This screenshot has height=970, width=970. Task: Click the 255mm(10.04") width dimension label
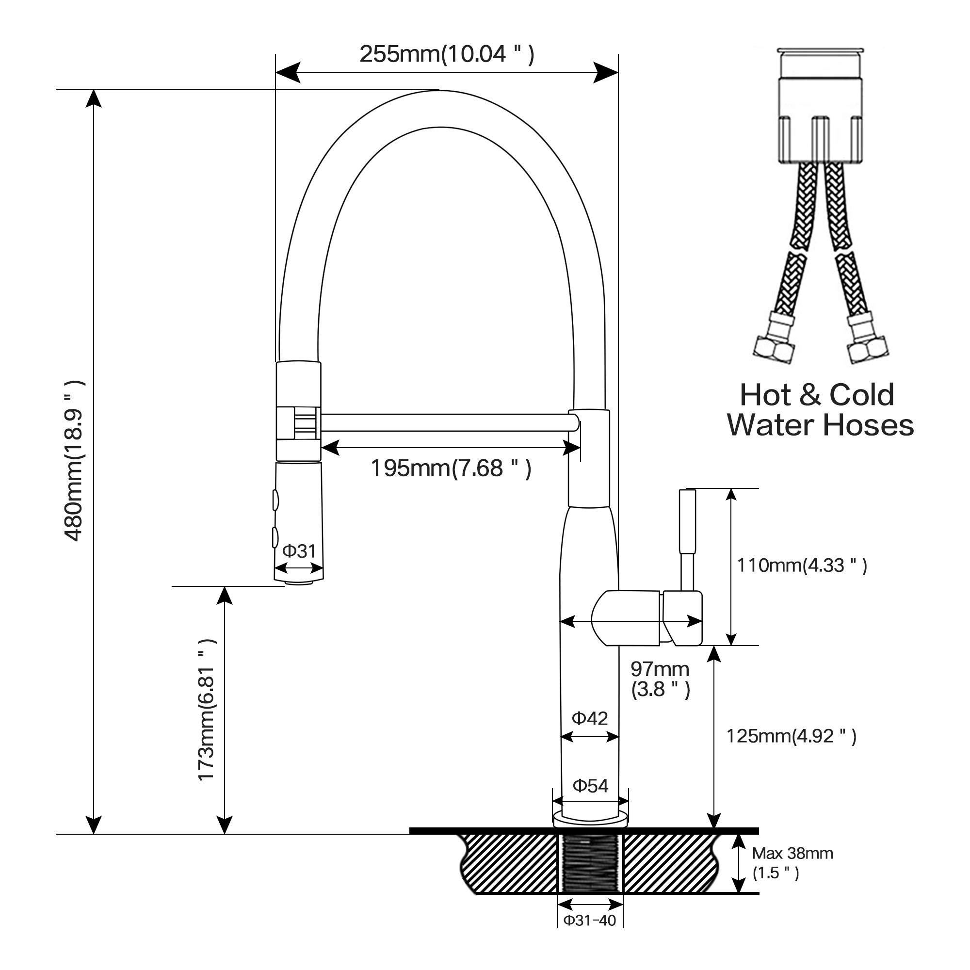(446, 54)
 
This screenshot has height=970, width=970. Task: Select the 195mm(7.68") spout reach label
(451, 468)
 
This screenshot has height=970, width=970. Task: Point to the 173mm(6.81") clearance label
(206, 710)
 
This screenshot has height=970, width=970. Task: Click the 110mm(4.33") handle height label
(801, 566)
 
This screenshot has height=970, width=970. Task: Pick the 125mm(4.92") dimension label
(791, 736)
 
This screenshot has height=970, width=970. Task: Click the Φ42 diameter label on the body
(589, 718)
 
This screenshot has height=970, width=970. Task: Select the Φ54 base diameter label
(590, 786)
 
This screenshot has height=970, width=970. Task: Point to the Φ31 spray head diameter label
(299, 551)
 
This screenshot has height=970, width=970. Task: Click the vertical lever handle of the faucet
(688, 540)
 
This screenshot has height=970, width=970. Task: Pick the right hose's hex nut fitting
(868, 348)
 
